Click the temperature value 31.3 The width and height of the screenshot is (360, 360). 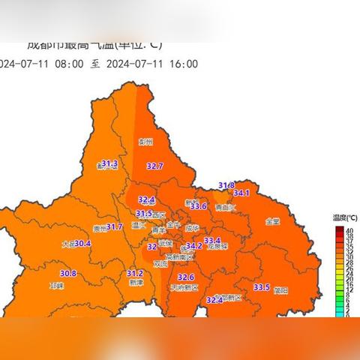point(110,163)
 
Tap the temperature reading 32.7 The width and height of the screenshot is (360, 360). point(155,166)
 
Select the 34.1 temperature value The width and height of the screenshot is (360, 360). point(241,193)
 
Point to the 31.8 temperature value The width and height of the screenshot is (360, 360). point(226,185)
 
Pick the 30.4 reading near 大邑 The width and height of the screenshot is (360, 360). point(82,244)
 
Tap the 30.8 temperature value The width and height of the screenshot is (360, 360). point(69,274)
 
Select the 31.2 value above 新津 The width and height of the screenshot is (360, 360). point(135,274)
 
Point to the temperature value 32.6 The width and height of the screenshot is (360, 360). point(175,277)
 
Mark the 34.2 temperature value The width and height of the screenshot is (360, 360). point(193,246)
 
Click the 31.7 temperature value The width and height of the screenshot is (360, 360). point(114,226)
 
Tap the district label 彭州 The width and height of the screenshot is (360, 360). point(146,141)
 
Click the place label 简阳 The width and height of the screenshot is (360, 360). point(281,289)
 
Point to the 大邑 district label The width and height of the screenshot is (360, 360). point(67,244)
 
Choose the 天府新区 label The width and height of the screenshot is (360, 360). point(184,288)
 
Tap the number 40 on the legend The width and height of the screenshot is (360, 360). point(349,229)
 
